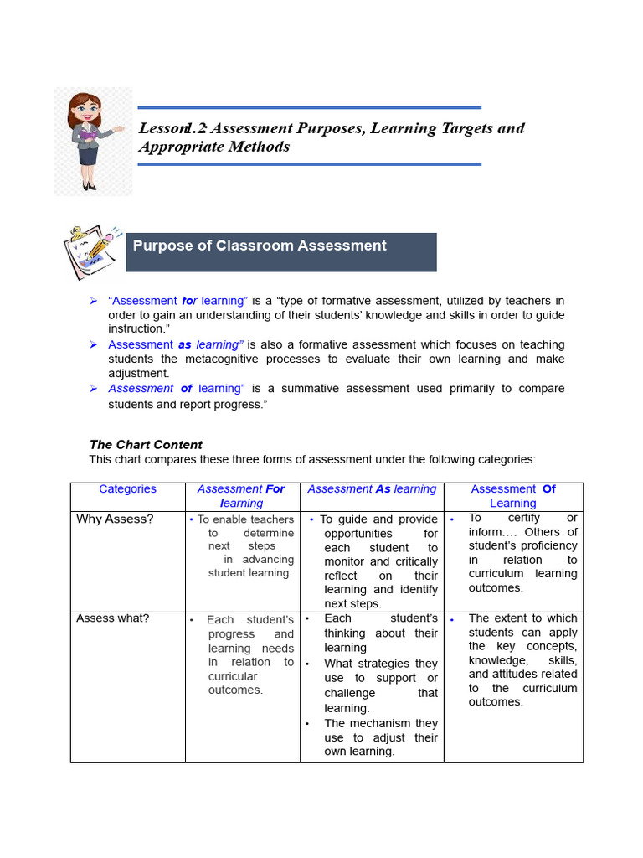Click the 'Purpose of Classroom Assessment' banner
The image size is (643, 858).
click(x=280, y=251)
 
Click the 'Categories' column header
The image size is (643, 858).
click(x=127, y=489)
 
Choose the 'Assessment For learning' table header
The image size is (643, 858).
click(x=241, y=496)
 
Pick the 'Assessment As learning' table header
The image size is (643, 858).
click(x=372, y=489)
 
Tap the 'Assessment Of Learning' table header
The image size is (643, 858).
click(x=512, y=496)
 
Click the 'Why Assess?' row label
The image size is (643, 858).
click(x=115, y=519)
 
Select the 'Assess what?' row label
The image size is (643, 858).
click(x=112, y=618)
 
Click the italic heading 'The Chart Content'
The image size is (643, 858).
click(x=146, y=445)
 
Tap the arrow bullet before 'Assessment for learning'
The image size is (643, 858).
click(x=94, y=301)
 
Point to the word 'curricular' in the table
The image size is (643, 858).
click(x=233, y=676)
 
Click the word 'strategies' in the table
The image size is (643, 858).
click(x=386, y=664)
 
